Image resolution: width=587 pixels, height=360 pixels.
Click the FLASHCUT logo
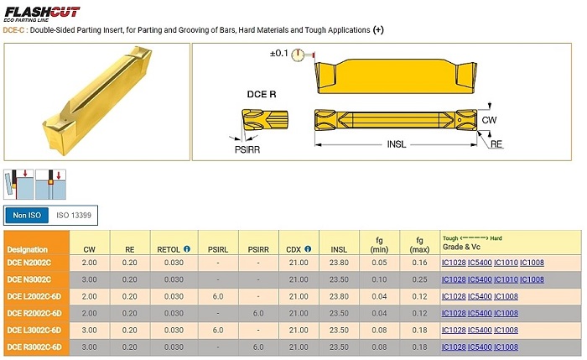tap(42, 14)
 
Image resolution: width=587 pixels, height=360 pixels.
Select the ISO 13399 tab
tap(74, 216)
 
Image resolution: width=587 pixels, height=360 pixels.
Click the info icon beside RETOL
tap(187, 248)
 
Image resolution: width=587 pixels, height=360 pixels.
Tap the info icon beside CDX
tap(308, 248)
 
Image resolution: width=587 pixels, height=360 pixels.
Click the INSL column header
tap(339, 249)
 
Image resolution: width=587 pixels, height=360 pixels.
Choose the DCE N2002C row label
tap(29, 263)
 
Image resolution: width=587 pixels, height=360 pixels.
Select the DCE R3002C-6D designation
tap(34, 347)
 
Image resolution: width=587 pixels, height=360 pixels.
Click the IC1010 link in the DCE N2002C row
tap(506, 263)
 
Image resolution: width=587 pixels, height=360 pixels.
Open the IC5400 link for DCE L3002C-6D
tap(480, 331)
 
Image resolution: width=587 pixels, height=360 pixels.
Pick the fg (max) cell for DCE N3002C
tap(419, 279)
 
